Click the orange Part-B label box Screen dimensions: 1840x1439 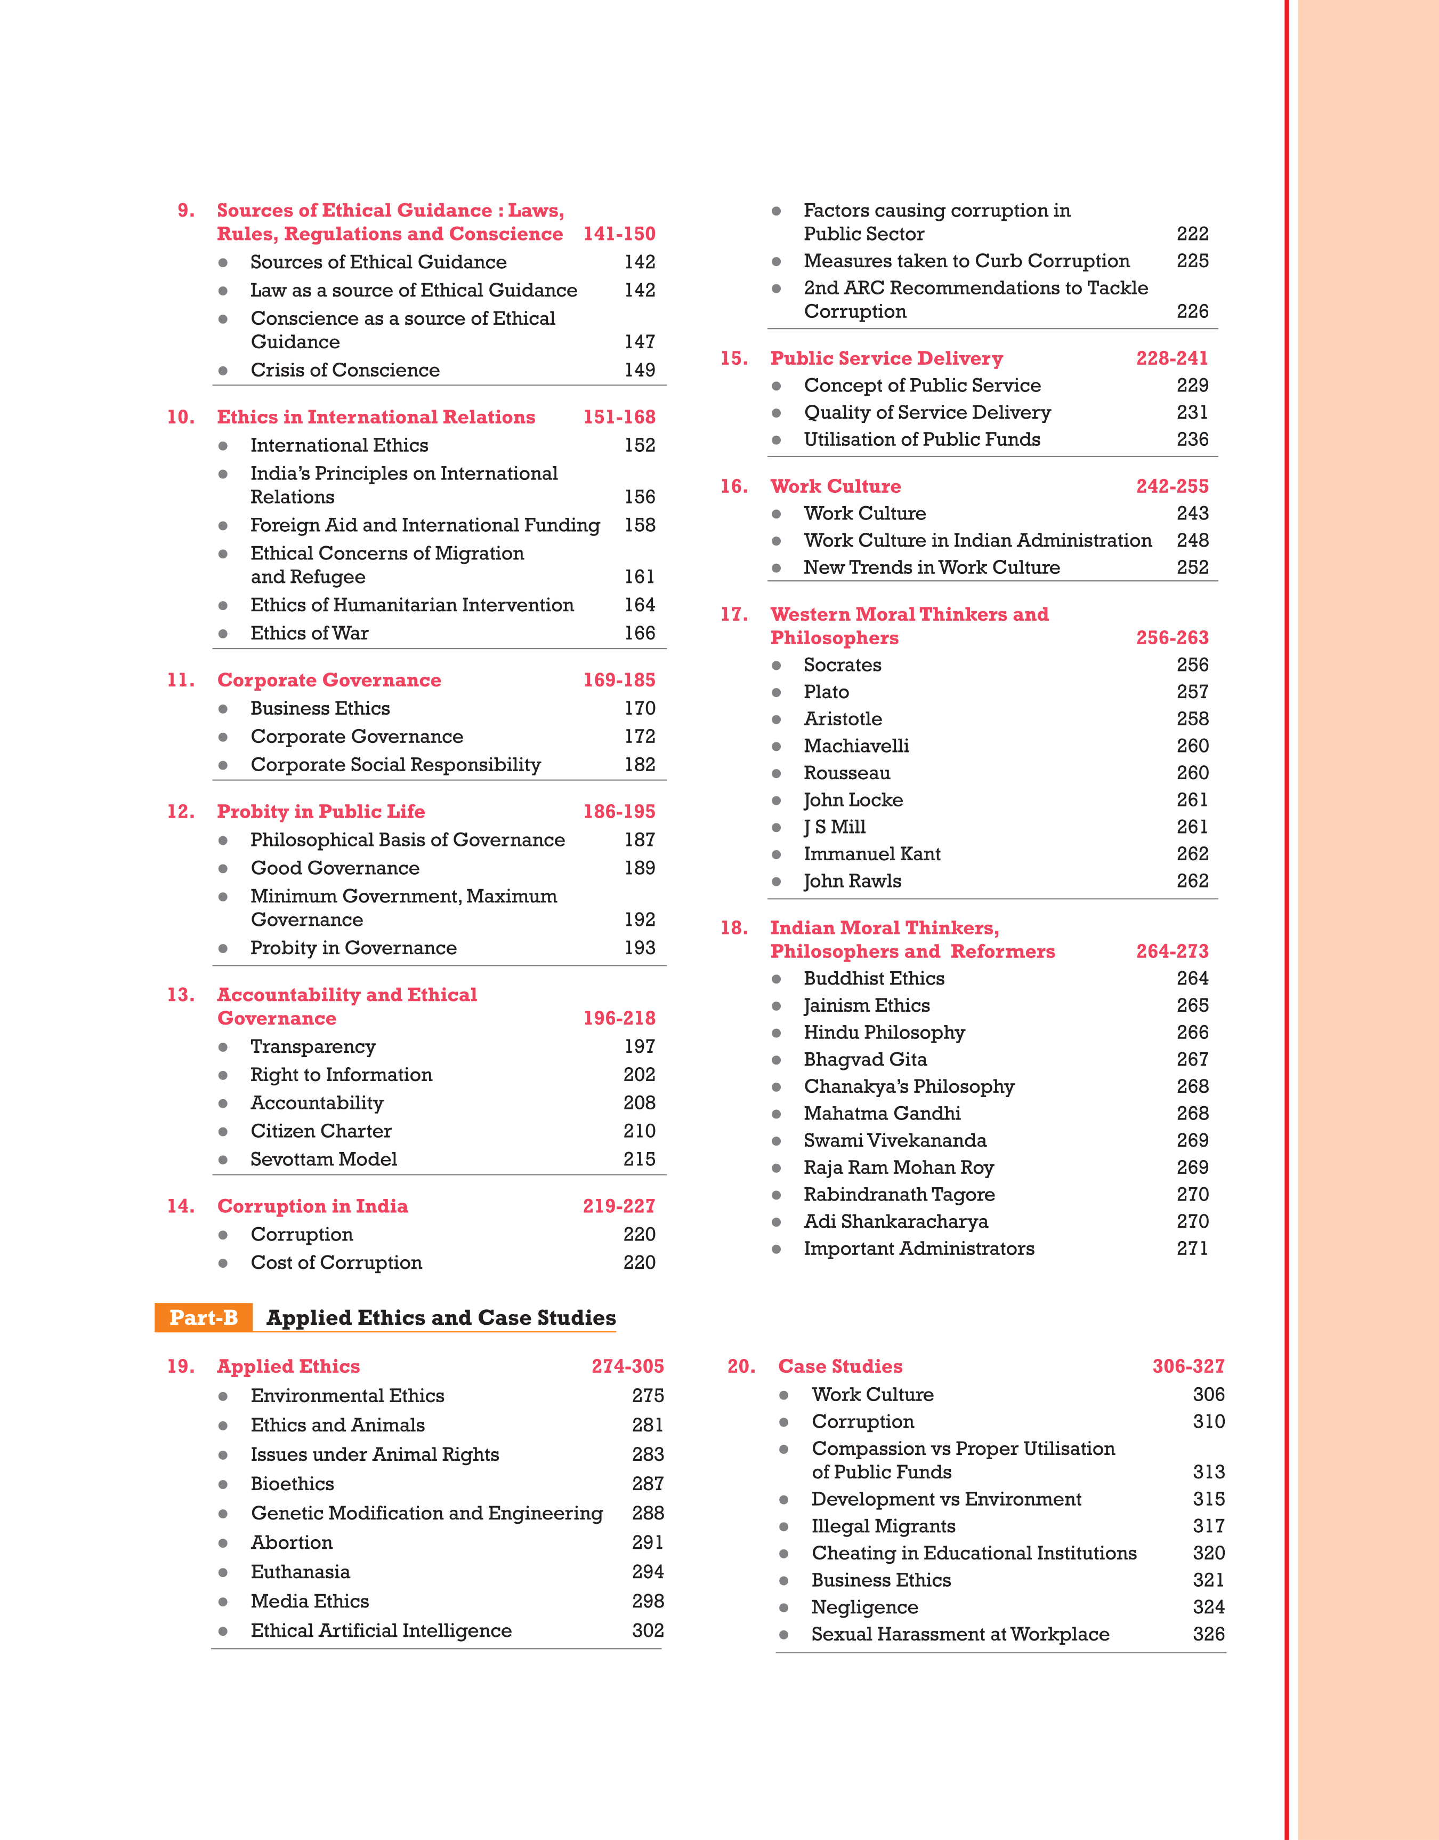point(204,1317)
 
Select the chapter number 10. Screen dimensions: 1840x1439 point(180,417)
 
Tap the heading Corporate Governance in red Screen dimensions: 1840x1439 point(329,680)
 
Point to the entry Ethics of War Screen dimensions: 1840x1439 point(309,633)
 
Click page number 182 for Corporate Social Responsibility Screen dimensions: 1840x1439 point(640,764)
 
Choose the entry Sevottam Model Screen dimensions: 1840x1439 point(324,1159)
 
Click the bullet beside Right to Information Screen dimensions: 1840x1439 point(223,1076)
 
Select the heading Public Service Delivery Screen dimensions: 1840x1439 point(886,358)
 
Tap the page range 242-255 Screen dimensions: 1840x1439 point(1172,486)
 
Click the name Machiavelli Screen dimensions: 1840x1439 point(856,746)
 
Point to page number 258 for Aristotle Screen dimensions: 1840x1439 point(1192,719)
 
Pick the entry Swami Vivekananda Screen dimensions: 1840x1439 point(895,1140)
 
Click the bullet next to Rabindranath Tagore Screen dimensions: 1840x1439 point(777,1195)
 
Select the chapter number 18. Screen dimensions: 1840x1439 point(734,928)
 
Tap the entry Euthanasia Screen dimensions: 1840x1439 point(300,1572)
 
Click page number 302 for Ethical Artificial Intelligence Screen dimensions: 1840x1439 point(648,1631)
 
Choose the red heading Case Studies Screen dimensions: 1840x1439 point(840,1366)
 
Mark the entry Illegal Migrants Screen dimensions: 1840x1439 point(883,1526)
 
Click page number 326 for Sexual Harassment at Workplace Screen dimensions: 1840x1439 point(1208,1634)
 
